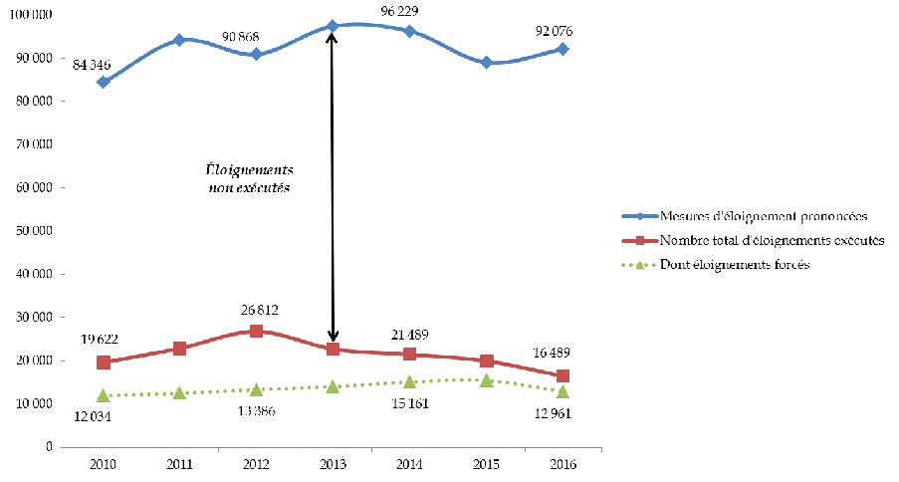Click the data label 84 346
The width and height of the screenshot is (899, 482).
pyautogui.click(x=91, y=65)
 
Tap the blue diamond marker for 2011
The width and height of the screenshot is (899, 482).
pyautogui.click(x=179, y=40)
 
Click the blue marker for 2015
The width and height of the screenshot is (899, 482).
pyautogui.click(x=487, y=62)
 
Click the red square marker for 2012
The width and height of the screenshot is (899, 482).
pyautogui.click(x=256, y=331)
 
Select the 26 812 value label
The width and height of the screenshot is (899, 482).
pyautogui.click(x=256, y=310)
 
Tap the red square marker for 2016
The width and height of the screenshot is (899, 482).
pyautogui.click(x=563, y=375)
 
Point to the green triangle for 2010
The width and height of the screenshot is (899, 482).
pyautogui.click(x=103, y=395)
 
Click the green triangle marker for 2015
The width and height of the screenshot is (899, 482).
pyautogui.click(x=487, y=379)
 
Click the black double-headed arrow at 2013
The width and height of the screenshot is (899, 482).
pyautogui.click(x=333, y=189)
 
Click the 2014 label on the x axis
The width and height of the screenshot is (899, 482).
pyautogui.click(x=410, y=464)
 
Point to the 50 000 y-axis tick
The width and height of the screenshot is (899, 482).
pyautogui.click(x=34, y=231)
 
